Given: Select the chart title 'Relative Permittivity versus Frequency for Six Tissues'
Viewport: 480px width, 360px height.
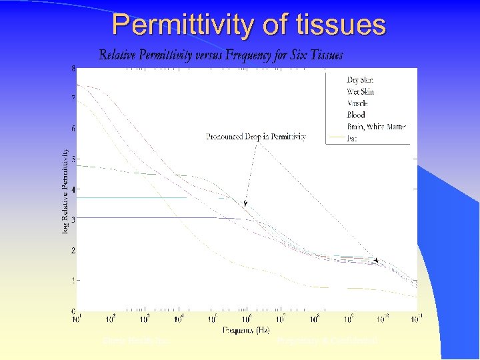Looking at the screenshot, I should (221, 55).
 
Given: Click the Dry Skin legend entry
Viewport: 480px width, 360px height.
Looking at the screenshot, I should (360, 80).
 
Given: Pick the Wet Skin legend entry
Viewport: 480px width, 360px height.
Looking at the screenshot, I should (361, 91).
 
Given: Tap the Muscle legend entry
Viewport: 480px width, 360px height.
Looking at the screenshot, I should (357, 103).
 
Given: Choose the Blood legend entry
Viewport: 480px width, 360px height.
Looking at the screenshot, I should (356, 115).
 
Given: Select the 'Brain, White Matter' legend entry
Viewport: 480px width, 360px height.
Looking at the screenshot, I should (377, 126).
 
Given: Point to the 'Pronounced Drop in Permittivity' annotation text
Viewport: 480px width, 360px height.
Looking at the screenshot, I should (256, 137).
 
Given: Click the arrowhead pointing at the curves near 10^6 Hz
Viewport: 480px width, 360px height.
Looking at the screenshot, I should (246, 204).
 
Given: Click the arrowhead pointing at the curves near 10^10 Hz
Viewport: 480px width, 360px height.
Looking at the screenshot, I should (377, 261).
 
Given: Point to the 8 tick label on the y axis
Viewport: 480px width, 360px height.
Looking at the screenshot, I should (73, 68).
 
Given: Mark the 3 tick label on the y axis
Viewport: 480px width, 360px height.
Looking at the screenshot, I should (73, 219).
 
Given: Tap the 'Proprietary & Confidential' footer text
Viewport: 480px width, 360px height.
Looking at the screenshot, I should (327, 341).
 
